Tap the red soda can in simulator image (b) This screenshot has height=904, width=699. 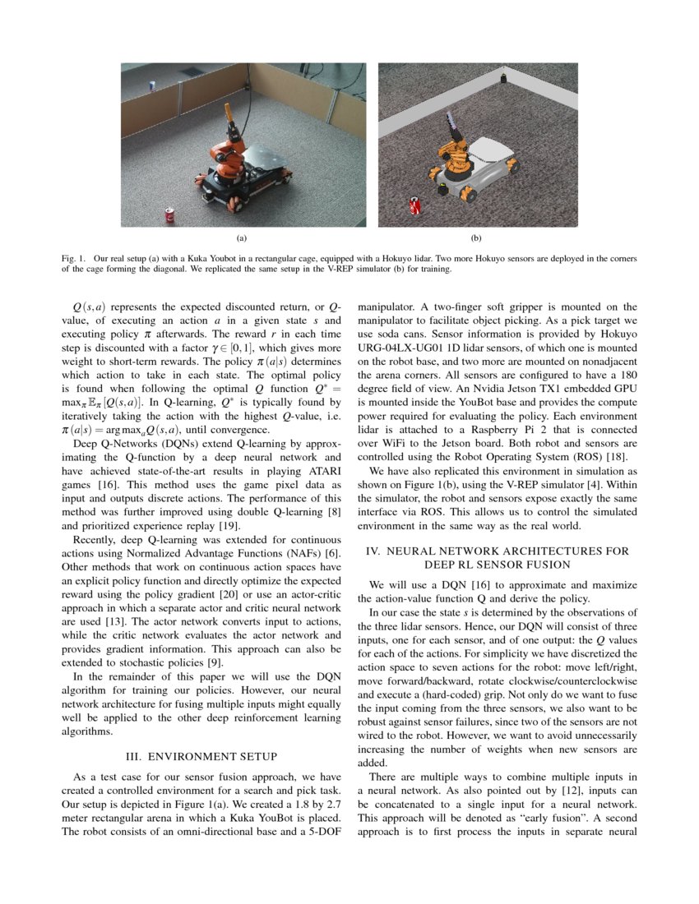(x=415, y=206)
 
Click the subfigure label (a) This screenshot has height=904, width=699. (x=242, y=239)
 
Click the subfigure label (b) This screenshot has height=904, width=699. (x=475, y=239)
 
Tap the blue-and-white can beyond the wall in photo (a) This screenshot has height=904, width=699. (x=152, y=84)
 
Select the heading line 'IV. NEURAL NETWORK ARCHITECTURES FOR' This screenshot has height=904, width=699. (x=498, y=551)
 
